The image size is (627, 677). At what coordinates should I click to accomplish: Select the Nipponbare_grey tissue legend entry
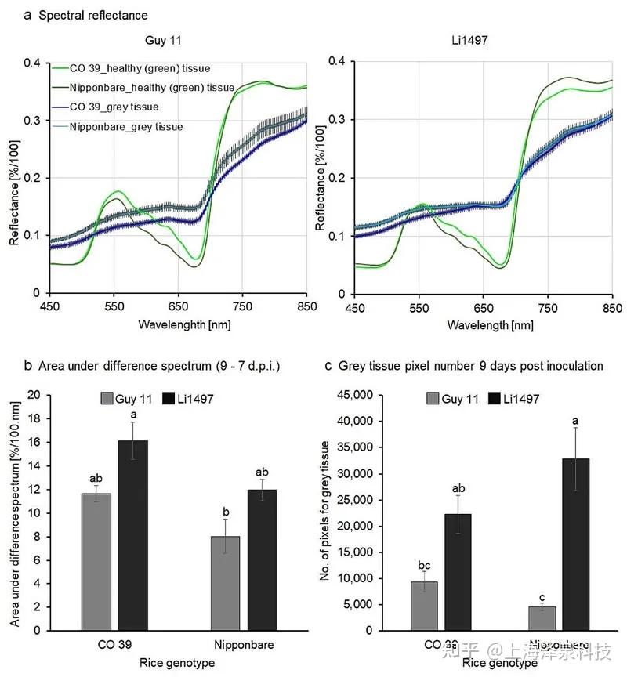(x=125, y=126)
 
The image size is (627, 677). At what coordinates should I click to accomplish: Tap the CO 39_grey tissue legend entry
(x=114, y=107)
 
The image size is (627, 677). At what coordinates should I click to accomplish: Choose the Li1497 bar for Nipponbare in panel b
(x=263, y=559)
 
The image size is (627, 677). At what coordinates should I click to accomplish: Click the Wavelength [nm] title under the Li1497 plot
(x=481, y=323)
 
